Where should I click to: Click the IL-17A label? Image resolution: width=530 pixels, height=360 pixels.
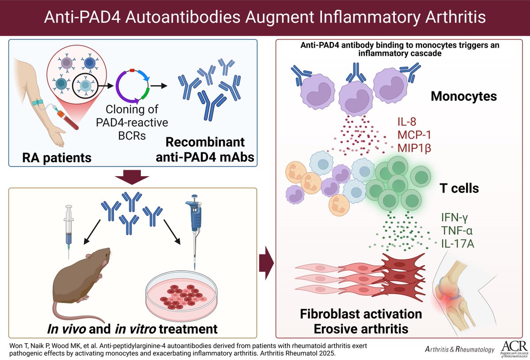pos(458,243)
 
